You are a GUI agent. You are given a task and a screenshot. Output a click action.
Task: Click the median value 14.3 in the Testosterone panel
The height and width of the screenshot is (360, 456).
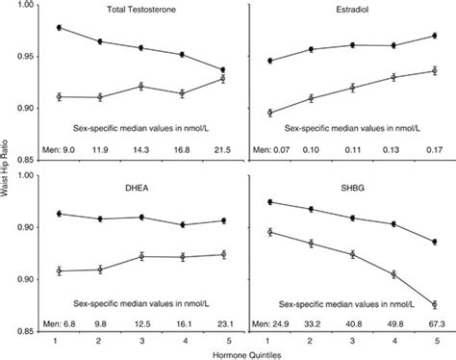point(141,149)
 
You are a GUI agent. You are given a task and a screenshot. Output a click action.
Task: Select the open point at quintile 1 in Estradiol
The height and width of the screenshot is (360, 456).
point(269,113)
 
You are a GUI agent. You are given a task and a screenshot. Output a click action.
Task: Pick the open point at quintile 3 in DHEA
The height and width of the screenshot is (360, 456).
point(141,256)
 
